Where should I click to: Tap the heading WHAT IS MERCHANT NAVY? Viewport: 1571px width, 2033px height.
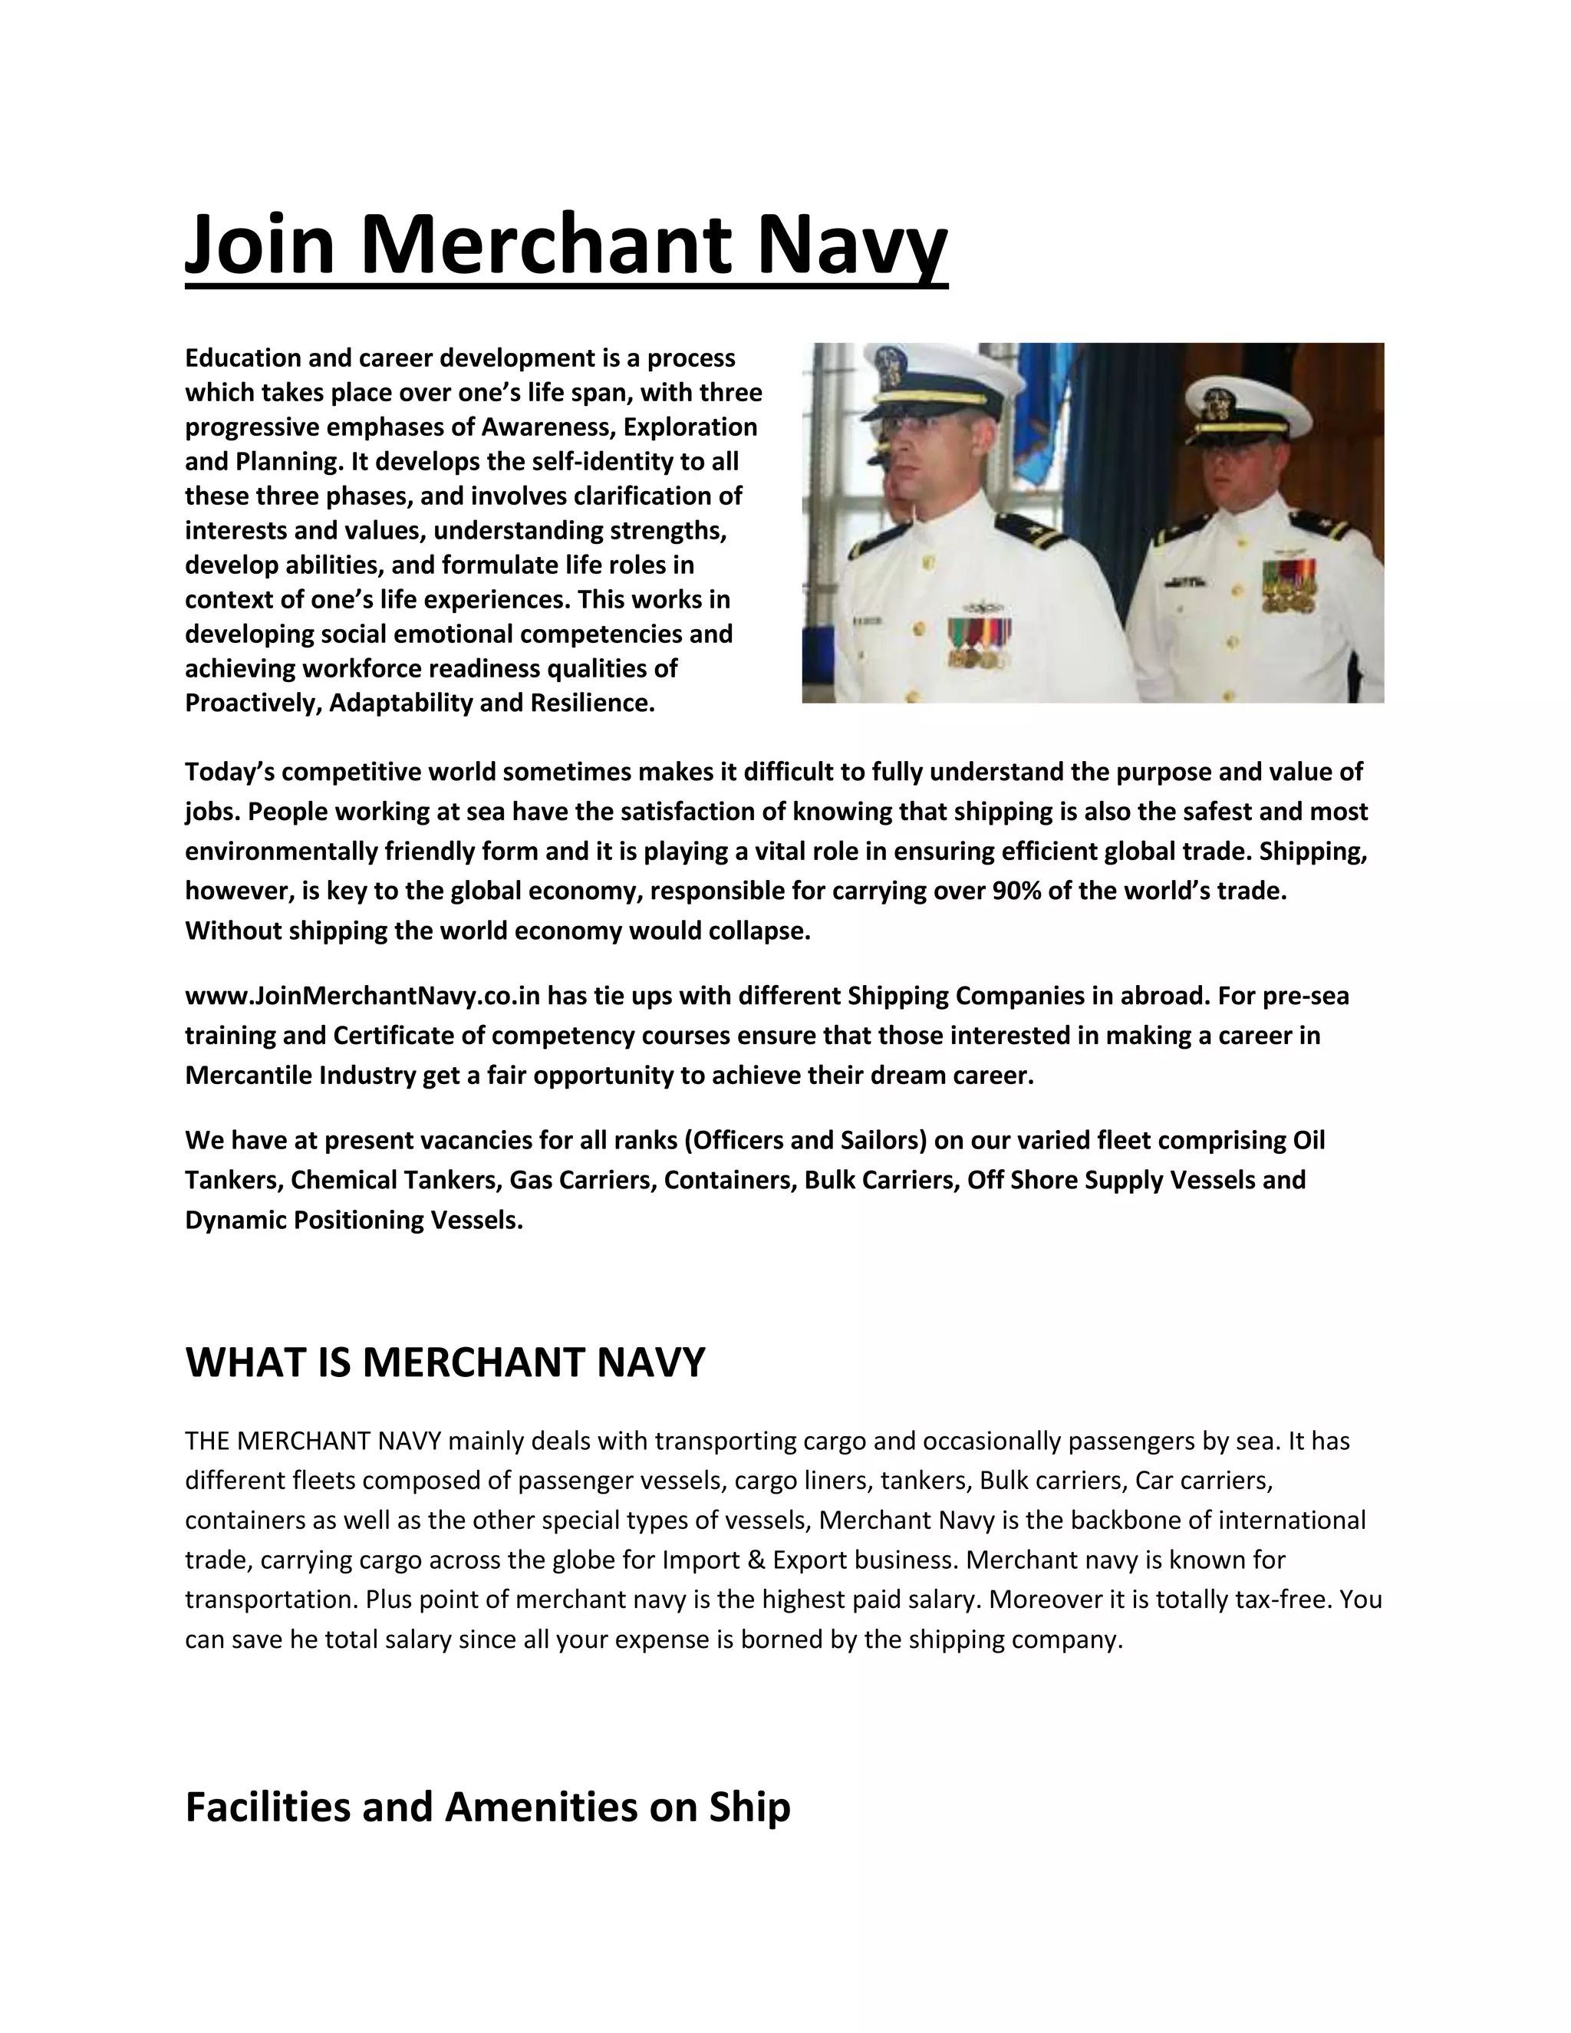tap(445, 1362)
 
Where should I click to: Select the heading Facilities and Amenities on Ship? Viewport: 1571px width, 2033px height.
tap(488, 1807)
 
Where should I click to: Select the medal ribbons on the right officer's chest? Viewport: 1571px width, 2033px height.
tap(1289, 585)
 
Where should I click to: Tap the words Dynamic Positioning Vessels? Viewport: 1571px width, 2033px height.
tap(354, 1220)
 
